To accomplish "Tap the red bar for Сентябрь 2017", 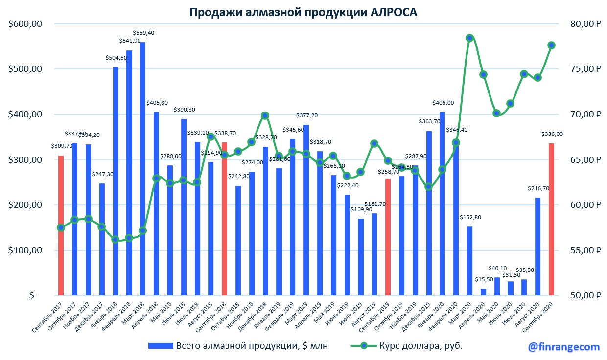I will [61, 225].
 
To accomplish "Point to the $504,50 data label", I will [116, 58].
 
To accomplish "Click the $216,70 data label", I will [537, 188].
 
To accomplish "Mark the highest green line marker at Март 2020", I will [469, 38].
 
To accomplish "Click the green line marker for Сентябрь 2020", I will [551, 45].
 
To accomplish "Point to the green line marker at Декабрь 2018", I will [265, 115].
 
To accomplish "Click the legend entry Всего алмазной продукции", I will [238, 346].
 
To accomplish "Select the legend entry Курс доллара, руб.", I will [407, 346].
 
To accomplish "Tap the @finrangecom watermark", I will [564, 347].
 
